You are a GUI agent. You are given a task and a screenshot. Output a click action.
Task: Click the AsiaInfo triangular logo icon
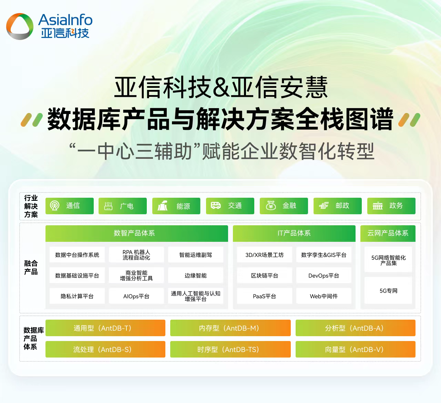(20, 26)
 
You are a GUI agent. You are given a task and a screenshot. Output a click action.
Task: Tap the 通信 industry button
(70, 206)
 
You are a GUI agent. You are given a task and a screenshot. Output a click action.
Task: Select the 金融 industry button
(284, 206)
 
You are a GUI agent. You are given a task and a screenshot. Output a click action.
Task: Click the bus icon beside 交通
(216, 206)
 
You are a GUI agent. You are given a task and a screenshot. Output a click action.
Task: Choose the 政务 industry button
(391, 206)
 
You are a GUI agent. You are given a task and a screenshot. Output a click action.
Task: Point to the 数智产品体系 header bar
(136, 233)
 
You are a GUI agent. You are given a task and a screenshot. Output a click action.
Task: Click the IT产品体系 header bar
(294, 233)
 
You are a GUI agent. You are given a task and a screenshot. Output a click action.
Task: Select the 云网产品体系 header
(388, 233)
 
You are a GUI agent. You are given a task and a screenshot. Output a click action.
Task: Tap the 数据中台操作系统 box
(77, 255)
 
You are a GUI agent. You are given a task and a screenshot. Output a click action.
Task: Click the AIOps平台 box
(136, 296)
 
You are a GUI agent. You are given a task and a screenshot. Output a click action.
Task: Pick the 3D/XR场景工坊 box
(265, 255)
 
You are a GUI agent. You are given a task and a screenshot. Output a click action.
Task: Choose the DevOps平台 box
(324, 276)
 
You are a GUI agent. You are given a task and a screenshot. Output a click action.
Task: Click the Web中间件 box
(324, 296)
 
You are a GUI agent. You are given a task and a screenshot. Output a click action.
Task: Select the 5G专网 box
(388, 291)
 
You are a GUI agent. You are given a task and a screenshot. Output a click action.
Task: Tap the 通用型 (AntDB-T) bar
(105, 328)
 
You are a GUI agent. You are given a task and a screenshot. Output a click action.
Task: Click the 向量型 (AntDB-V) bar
(355, 349)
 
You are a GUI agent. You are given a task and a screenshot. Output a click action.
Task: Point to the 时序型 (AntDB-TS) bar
(230, 349)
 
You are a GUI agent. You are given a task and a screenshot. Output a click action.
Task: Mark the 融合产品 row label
(31, 268)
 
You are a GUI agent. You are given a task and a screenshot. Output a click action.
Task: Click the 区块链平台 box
(265, 276)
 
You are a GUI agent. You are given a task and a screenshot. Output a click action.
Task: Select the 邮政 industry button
(337, 206)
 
